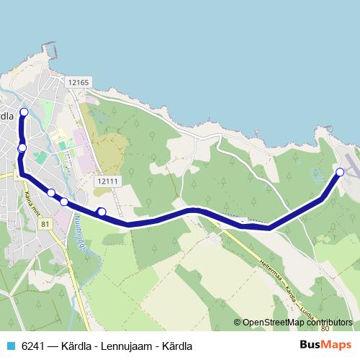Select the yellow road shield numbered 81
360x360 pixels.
(45, 225)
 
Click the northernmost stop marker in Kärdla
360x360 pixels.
(24, 112)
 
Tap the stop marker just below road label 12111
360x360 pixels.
(102, 212)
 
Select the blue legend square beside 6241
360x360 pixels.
(10, 346)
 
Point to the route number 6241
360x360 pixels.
(33, 346)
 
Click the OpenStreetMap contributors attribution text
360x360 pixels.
(297, 323)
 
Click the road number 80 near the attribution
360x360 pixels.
(325, 329)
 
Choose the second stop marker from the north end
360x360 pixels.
(22, 148)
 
